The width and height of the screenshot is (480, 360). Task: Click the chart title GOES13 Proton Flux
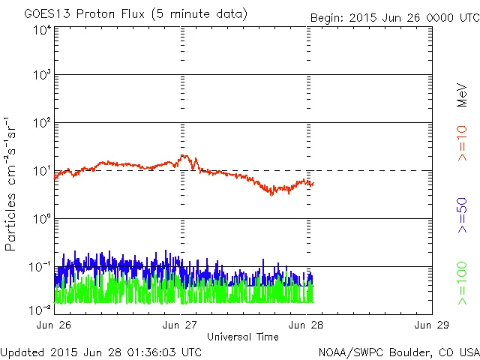pyautogui.click(x=135, y=13)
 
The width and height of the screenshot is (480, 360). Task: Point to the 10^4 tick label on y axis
pyautogui.click(x=41, y=30)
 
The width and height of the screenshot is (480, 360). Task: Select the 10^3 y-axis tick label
pyautogui.click(x=41, y=76)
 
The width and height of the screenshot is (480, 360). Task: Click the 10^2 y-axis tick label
pyautogui.click(x=41, y=124)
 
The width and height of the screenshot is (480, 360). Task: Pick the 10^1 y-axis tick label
pyautogui.click(x=41, y=172)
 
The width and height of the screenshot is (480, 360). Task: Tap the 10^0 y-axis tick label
pyautogui.click(x=41, y=220)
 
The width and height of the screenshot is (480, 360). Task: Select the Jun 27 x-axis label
pyautogui.click(x=181, y=325)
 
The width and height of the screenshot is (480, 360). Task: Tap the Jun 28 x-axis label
pyautogui.click(x=306, y=325)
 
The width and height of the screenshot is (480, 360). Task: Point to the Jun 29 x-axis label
pyautogui.click(x=431, y=325)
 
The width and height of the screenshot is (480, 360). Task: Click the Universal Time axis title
pyautogui.click(x=243, y=337)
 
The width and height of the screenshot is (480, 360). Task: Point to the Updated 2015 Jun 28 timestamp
pyautogui.click(x=101, y=352)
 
